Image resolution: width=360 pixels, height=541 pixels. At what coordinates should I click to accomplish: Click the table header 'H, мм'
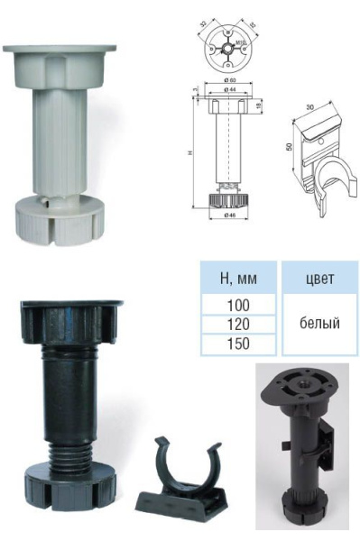coord(237,279)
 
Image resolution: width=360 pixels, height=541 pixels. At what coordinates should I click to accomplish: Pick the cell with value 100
coord(237,306)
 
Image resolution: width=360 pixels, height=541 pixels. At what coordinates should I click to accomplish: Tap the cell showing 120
coord(237,325)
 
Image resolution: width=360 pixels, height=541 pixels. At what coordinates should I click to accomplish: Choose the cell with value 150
coord(237,344)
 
